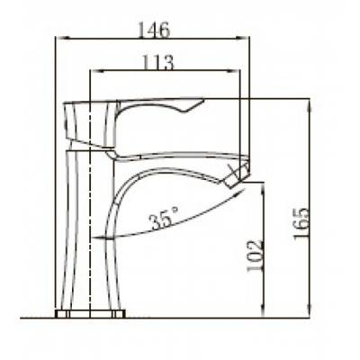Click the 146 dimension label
pyautogui.click(x=154, y=30)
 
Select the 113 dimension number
pyautogui.click(x=157, y=62)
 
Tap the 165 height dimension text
pyautogui.click(x=301, y=222)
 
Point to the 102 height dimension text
pyautogui.click(x=255, y=255)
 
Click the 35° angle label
pyautogui.click(x=165, y=218)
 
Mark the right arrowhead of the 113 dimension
pyautogui.click(x=233, y=71)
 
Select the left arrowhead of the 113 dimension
pyautogui.click(x=96, y=71)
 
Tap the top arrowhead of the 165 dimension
pyautogui.click(x=310, y=104)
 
